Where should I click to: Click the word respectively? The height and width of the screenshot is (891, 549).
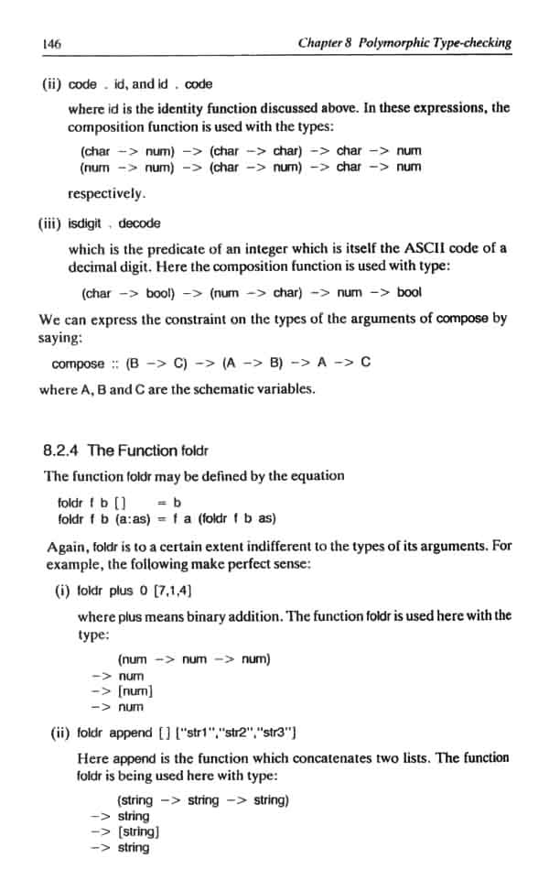pos(106,194)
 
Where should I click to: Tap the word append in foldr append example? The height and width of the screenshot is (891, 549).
pos(128,733)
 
